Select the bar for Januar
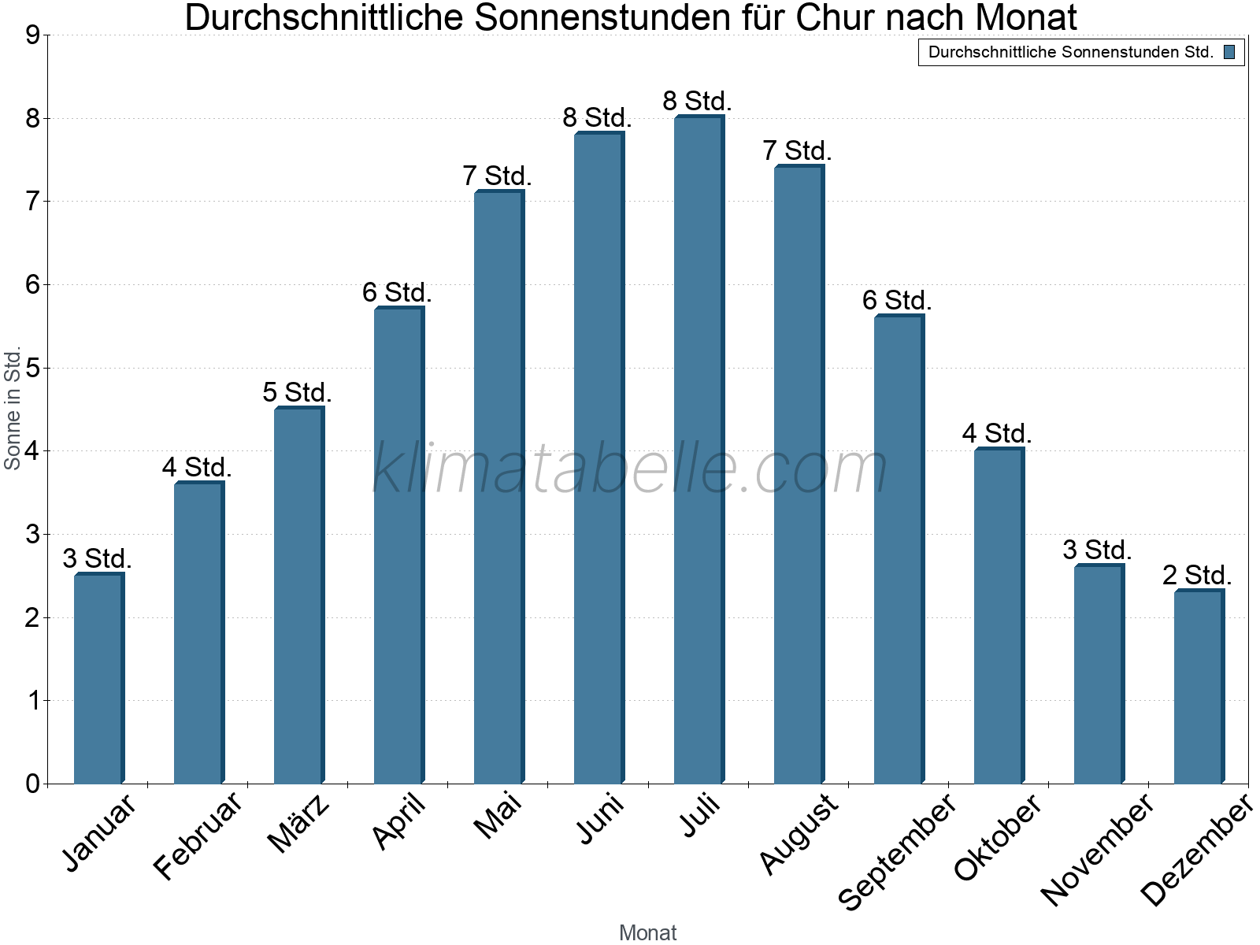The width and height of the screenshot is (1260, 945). [98, 678]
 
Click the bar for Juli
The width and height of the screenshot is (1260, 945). [699, 450]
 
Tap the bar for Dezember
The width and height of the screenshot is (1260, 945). [1199, 687]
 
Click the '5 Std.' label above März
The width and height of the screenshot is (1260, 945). [297, 392]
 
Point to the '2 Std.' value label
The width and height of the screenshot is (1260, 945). [1197, 575]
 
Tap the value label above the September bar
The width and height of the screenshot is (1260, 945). [897, 300]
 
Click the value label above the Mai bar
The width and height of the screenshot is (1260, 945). [497, 176]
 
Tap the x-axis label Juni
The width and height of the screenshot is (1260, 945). [601, 818]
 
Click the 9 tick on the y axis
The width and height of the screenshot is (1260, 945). [32, 35]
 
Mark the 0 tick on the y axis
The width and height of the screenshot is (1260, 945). [32, 784]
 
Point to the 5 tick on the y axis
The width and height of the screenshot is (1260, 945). [32, 368]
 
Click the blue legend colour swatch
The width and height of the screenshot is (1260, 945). [1229, 53]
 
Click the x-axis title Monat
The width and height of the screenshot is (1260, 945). [647, 932]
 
